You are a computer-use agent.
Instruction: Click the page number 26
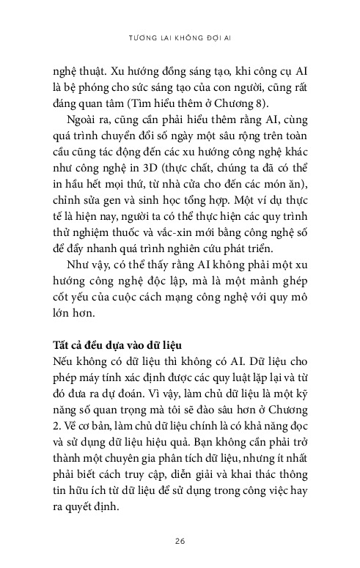tap(180, 541)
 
